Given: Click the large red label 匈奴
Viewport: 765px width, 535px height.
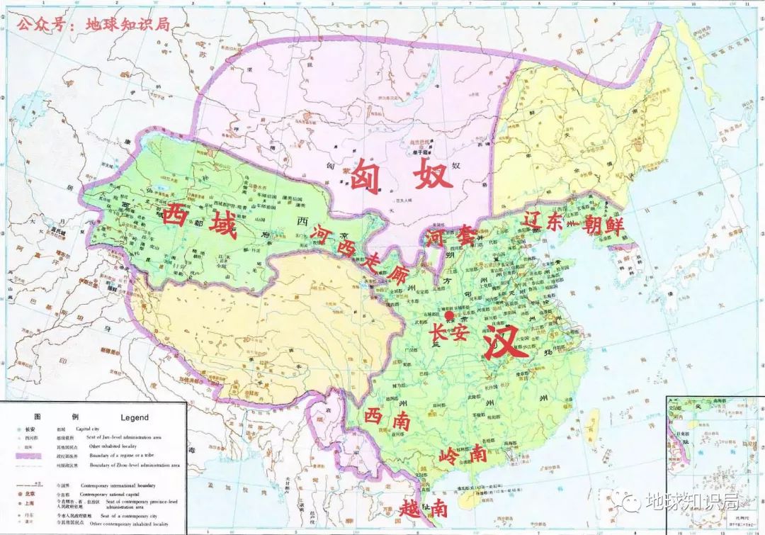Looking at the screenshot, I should (x=401, y=174).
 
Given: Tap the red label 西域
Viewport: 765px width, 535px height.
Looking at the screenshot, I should (x=200, y=218).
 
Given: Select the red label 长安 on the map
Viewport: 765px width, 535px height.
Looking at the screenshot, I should (x=449, y=332).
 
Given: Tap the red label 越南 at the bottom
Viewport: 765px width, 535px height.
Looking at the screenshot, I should (x=423, y=507).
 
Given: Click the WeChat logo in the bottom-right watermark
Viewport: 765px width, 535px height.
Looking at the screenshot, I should (x=628, y=501).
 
